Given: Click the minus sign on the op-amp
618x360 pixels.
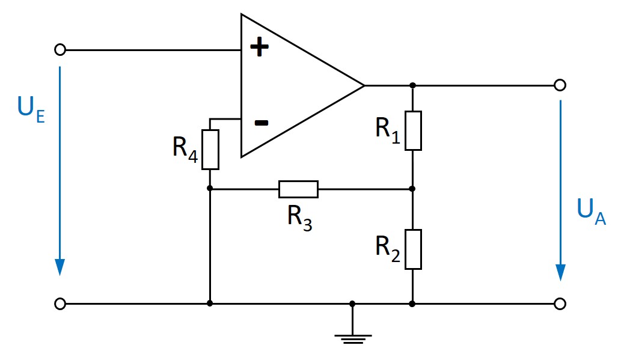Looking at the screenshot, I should coord(260,123).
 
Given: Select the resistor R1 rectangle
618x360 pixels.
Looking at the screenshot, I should coord(413,130).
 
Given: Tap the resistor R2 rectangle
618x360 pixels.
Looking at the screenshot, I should coord(413,249).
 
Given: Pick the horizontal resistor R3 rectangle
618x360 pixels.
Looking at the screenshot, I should coord(298,189).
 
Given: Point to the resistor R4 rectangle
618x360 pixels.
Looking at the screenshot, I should coord(210,149).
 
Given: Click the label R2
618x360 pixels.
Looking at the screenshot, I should coord(388,247).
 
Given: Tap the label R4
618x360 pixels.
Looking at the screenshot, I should coord(185,148).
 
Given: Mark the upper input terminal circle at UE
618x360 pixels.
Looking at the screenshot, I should coord(60,50).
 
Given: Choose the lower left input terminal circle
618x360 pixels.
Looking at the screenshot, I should coord(60,304).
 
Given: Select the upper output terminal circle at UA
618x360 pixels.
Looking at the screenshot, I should coord(560,85).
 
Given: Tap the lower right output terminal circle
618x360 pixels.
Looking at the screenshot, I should coord(560,304).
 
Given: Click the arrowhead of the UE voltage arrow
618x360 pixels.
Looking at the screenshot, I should coord(60,267).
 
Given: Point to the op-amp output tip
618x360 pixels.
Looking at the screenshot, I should coord(363,85).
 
